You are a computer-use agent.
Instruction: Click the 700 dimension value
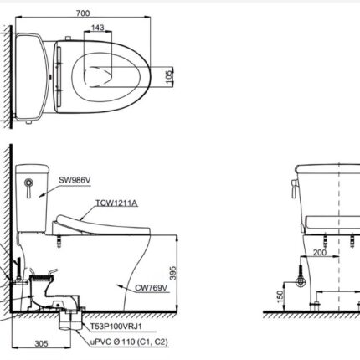click(x=83, y=13)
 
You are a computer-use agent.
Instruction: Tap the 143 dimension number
click(x=98, y=28)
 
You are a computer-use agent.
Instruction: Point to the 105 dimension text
click(x=169, y=75)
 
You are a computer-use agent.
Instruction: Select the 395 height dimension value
click(x=172, y=274)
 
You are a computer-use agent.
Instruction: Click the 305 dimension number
click(x=41, y=343)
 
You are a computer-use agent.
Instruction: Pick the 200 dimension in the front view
click(x=320, y=253)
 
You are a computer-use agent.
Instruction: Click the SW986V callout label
click(x=75, y=180)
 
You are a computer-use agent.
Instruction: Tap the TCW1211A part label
click(x=117, y=203)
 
